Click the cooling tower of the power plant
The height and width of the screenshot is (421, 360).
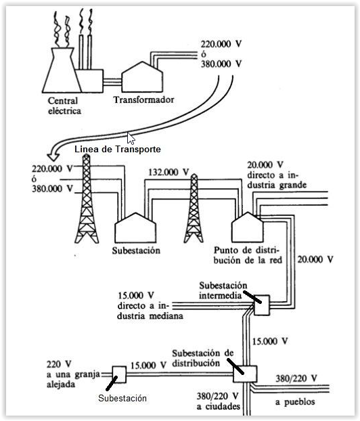click(62, 70)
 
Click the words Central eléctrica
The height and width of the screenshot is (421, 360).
click(64, 106)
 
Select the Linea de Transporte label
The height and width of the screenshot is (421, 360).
click(118, 149)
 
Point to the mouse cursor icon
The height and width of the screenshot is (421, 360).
click(131, 139)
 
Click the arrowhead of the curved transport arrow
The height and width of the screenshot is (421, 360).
click(53, 156)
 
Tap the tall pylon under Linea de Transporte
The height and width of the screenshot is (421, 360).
click(87, 199)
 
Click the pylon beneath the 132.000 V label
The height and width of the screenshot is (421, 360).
click(194, 208)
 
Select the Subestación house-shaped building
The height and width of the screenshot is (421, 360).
click(135, 228)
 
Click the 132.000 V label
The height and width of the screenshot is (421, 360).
click(168, 172)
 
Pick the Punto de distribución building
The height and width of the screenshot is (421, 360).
click(247, 227)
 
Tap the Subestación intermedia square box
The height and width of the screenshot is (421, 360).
click(262, 305)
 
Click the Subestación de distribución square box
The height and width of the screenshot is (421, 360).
click(245, 374)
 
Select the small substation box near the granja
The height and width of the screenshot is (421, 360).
click(119, 374)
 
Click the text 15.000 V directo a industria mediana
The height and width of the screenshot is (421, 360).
click(150, 305)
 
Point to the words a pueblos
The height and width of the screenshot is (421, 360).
click(295, 402)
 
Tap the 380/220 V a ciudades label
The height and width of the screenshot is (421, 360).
click(218, 401)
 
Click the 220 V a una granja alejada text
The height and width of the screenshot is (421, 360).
click(73, 374)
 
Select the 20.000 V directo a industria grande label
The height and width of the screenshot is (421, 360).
click(277, 175)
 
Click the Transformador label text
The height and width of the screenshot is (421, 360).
click(143, 100)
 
